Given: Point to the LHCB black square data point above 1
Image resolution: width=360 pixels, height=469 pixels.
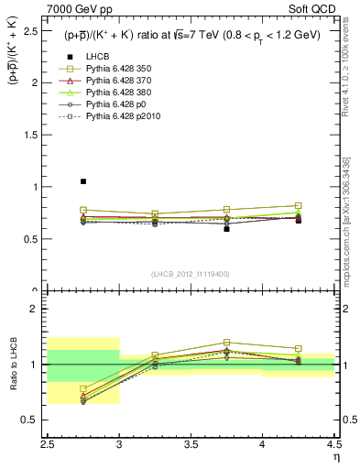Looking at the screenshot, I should pyautogui.click(x=83, y=181).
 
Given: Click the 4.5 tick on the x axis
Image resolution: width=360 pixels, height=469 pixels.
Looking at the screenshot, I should pyautogui.click(x=333, y=444).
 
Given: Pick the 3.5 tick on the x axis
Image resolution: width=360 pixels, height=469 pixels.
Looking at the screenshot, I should pyautogui.click(x=191, y=444).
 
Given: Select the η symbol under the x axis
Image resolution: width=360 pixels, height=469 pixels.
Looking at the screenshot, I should pyautogui.click(x=335, y=457).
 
